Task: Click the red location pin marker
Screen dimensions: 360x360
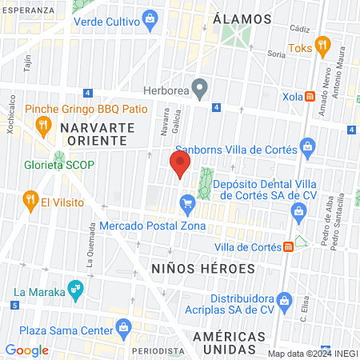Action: pyautogui.click(x=179, y=166)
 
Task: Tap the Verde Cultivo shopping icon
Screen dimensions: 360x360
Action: pyautogui.click(x=150, y=18)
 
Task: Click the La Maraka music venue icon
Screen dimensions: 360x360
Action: pyautogui.click(x=76, y=289)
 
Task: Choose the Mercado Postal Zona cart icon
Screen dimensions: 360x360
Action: pyautogui.click(x=188, y=205)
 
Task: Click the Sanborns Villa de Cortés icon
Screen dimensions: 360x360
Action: pyautogui.click(x=306, y=146)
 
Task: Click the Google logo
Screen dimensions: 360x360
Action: pyautogui.click(x=26, y=350)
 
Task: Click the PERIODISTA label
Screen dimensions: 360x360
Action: pyautogui.click(x=158, y=350)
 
